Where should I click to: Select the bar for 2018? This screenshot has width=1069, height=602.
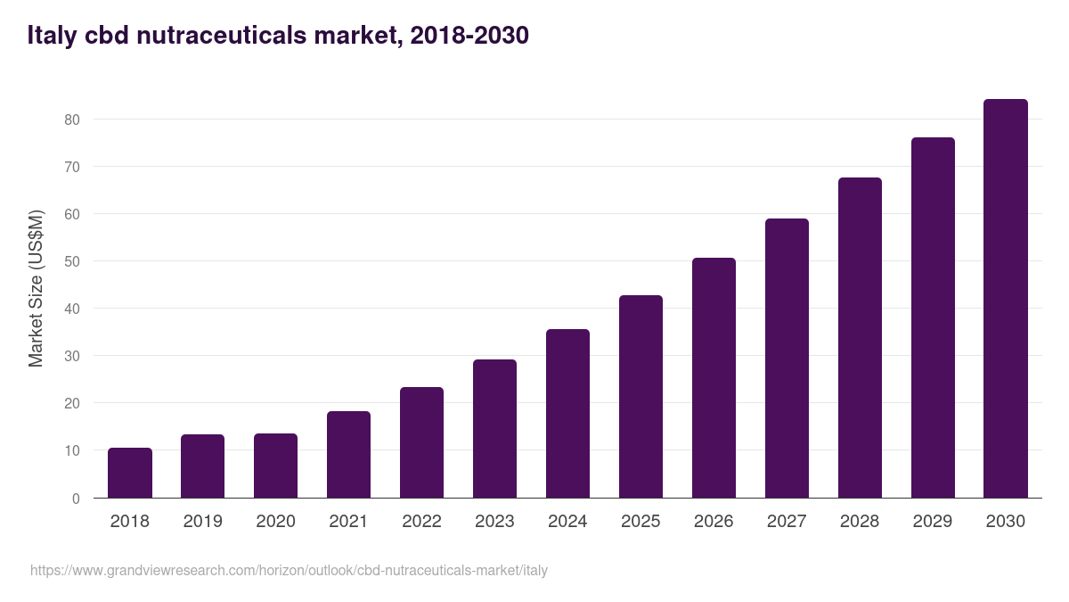130,473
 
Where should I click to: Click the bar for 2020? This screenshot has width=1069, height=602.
275,466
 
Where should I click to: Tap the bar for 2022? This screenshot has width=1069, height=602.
421,442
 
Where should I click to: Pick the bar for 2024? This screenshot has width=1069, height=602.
567,414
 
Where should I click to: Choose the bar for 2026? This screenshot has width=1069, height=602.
714,378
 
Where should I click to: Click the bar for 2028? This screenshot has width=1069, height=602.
860,338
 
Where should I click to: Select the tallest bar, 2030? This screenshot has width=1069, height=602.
1005,299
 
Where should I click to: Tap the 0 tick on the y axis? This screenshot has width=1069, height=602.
76,499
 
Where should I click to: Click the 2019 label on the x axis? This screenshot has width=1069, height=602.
202,521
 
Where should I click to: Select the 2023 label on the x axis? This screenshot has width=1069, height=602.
494,521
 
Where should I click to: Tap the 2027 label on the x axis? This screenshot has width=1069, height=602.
787,521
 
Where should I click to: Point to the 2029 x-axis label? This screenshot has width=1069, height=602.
933,521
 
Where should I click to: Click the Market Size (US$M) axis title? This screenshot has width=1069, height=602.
36,288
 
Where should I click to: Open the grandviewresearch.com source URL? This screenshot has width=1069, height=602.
289,570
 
